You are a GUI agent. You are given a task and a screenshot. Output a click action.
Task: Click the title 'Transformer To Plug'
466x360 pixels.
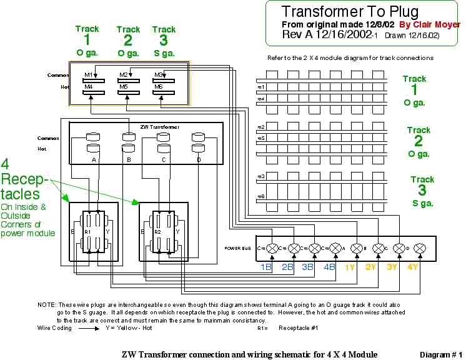tap(349, 11)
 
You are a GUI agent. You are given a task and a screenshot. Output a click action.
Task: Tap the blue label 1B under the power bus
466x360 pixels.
tap(266, 267)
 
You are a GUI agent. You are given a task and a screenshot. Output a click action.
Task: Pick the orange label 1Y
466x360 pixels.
tap(350, 267)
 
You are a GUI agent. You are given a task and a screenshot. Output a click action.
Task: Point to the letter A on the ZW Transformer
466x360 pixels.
tap(94, 160)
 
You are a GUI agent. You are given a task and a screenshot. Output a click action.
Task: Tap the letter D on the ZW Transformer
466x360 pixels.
tap(199, 160)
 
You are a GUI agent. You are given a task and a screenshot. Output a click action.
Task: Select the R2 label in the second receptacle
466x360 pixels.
tap(159, 231)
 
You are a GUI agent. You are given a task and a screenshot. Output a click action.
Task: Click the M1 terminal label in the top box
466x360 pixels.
tap(89, 75)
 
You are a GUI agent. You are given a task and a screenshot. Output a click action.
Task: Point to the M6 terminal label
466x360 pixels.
tap(159, 86)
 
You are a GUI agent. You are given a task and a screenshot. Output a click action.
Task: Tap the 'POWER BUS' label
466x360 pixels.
tap(237, 248)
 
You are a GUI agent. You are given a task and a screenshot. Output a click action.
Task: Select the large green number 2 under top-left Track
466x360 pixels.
tap(128, 41)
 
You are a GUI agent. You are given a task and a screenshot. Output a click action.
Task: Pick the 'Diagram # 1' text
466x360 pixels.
tap(440, 354)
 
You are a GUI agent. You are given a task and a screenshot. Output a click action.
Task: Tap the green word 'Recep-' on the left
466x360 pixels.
tap(23, 181)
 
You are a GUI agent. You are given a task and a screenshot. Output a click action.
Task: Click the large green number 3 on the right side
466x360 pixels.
tap(422, 191)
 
